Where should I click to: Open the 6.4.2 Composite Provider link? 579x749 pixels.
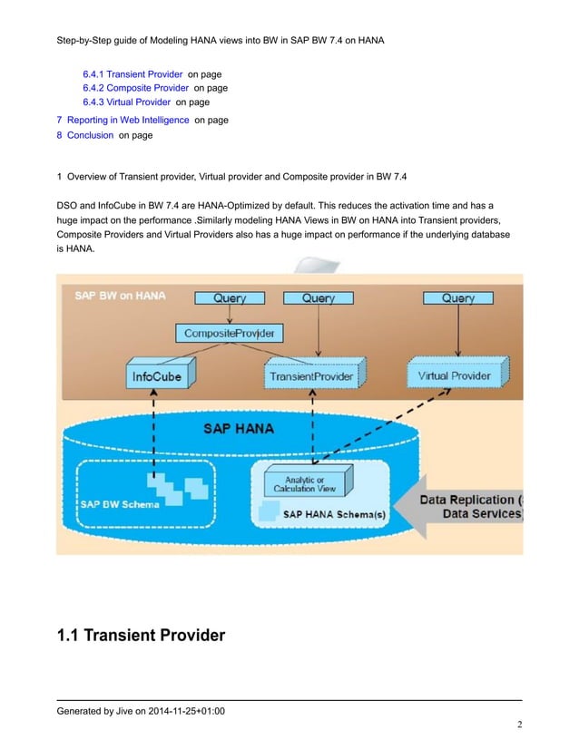coord(135,88)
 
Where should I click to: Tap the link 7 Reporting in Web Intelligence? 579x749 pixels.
coord(123,120)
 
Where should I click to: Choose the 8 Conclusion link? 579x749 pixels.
coord(84,136)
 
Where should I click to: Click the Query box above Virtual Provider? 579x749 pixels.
coord(457,297)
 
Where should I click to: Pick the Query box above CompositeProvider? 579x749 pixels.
coord(234,297)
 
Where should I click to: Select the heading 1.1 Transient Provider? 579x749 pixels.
coord(141,635)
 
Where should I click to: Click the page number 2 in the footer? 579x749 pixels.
coord(520,725)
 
